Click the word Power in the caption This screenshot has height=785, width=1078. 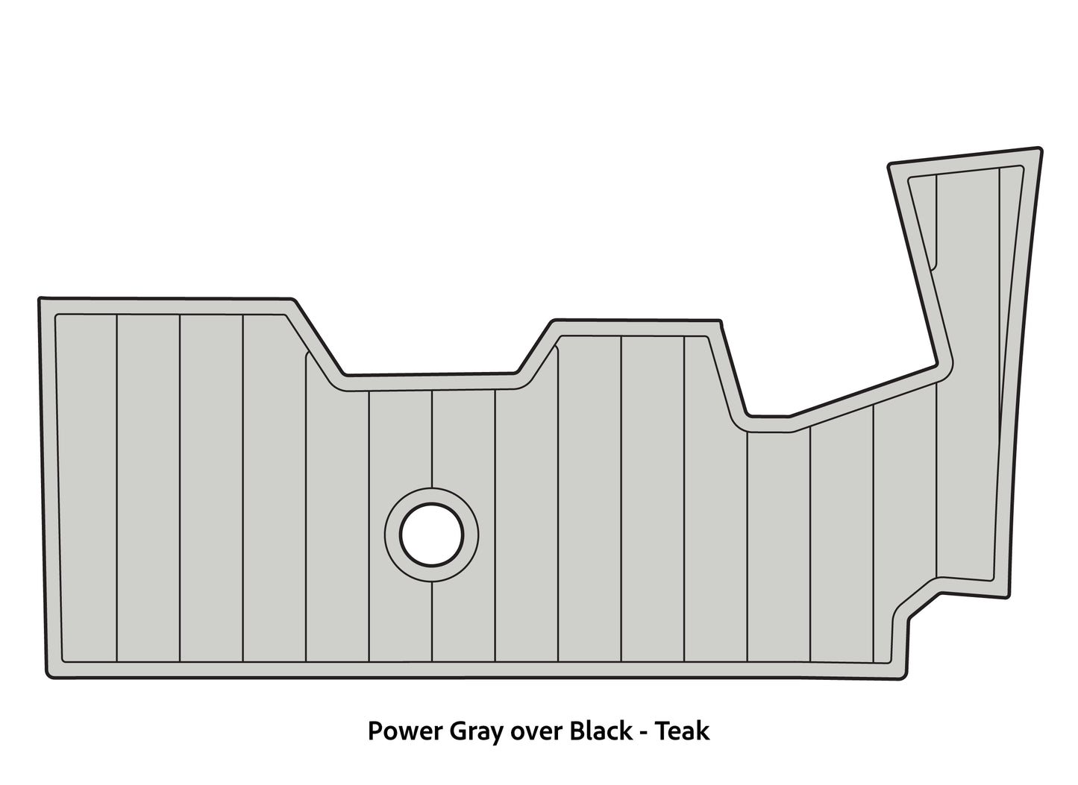(405, 731)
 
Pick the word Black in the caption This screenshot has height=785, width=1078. (601, 731)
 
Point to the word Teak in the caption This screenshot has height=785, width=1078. (683, 731)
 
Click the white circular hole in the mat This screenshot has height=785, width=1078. (432, 535)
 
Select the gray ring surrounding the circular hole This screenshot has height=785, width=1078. (432, 535)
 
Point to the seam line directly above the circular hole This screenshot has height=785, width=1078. (432, 438)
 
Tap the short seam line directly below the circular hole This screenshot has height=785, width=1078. (432, 622)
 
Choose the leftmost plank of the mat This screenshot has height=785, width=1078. (87, 488)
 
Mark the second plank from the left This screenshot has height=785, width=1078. (148, 488)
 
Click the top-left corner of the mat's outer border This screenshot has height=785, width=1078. (39, 297)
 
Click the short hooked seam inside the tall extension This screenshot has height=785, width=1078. (936, 222)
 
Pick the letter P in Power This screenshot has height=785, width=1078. (375, 731)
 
